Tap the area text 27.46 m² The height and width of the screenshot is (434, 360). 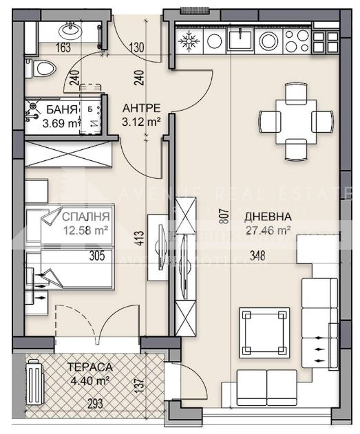pyautogui.click(x=268, y=230)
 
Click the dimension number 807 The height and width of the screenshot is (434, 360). pyautogui.click(x=222, y=218)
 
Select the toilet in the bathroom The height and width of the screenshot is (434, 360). pyautogui.click(x=41, y=69)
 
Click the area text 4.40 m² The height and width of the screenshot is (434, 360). pyautogui.click(x=88, y=379)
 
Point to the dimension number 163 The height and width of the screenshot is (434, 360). pyautogui.click(x=63, y=48)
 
